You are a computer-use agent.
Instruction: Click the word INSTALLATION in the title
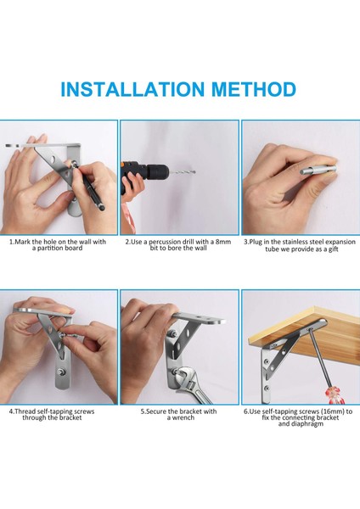[132, 89]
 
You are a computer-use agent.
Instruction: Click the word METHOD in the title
[254, 89]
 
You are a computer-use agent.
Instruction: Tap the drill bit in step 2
[183, 172]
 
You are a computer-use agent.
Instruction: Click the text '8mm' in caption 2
[223, 242]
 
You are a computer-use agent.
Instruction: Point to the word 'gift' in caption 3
[333, 249]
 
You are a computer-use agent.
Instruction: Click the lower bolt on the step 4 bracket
[60, 372]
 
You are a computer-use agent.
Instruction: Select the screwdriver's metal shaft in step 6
[318, 358]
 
